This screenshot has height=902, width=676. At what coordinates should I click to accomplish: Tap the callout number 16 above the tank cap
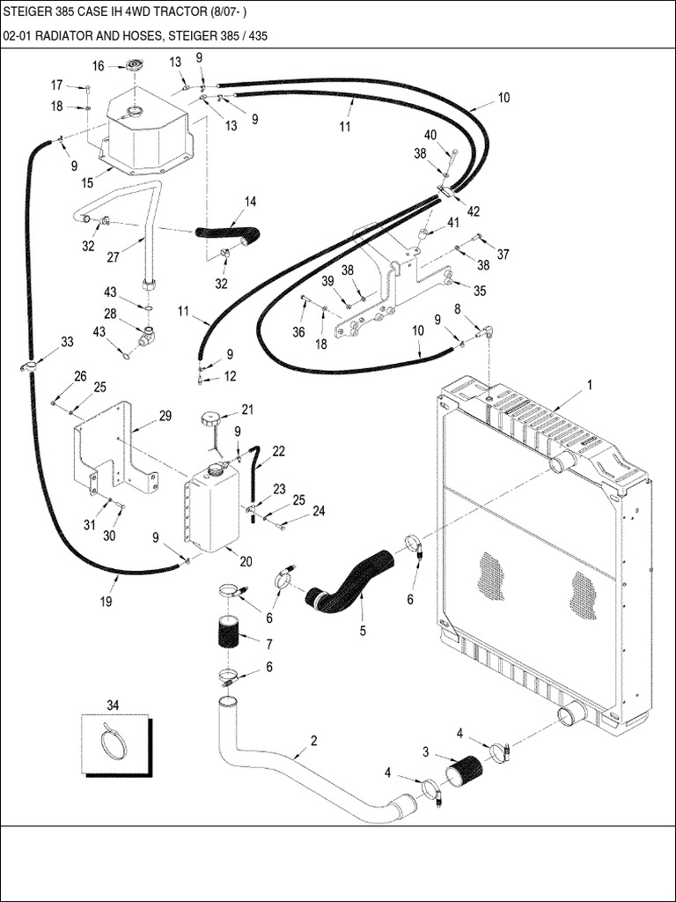[98, 66]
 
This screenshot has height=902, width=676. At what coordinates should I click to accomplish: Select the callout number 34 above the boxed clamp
[113, 704]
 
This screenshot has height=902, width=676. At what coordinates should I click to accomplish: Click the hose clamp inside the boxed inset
[114, 743]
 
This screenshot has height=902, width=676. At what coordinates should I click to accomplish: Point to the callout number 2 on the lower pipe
[313, 741]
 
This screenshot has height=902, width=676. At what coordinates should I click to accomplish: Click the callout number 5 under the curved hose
[362, 631]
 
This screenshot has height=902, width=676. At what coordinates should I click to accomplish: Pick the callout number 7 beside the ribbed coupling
[268, 643]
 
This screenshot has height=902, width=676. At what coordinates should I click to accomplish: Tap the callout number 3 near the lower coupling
[426, 751]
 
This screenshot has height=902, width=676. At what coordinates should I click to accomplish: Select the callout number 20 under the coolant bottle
[246, 562]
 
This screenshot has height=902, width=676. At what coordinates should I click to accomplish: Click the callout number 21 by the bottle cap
[247, 409]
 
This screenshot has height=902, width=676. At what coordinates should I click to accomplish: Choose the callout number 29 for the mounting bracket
[165, 416]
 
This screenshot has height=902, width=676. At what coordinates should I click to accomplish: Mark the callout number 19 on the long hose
[106, 603]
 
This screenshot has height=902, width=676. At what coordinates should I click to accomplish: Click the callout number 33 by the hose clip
[67, 342]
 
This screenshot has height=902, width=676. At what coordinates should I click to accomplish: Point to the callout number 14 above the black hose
[250, 202]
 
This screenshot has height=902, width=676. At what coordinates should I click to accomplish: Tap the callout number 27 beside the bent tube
[113, 257]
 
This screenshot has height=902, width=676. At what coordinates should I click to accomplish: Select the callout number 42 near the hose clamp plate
[474, 211]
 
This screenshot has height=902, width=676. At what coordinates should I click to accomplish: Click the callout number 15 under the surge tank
[87, 182]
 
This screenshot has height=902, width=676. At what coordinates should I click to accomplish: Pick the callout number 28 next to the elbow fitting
[110, 314]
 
